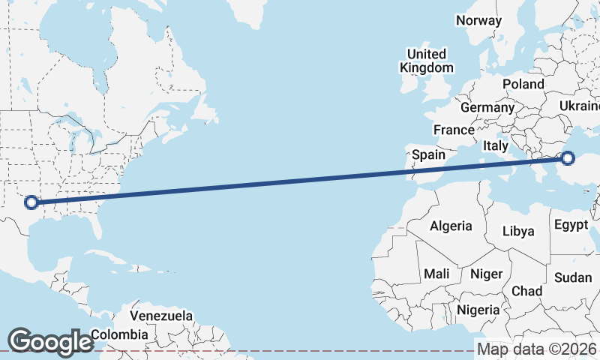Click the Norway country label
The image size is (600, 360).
(x=478, y=20)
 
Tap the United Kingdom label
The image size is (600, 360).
(x=427, y=61)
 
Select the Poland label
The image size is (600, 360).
(x=523, y=84)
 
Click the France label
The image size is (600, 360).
(x=454, y=130)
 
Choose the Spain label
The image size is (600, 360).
(x=429, y=155)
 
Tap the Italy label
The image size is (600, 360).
(x=496, y=145)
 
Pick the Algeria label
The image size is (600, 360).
(x=451, y=225)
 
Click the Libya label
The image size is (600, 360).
(x=518, y=231)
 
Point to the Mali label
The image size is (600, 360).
(x=436, y=274)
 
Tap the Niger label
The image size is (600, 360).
(x=485, y=274)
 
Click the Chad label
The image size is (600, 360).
(x=526, y=291)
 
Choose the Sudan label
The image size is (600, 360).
(x=573, y=277)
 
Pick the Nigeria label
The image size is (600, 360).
(x=478, y=310)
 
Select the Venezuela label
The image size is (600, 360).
(x=161, y=316)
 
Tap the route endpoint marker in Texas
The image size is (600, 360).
(x=31, y=202)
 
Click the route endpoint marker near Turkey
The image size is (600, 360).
(x=567, y=158)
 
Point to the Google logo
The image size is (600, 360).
(x=50, y=341)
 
